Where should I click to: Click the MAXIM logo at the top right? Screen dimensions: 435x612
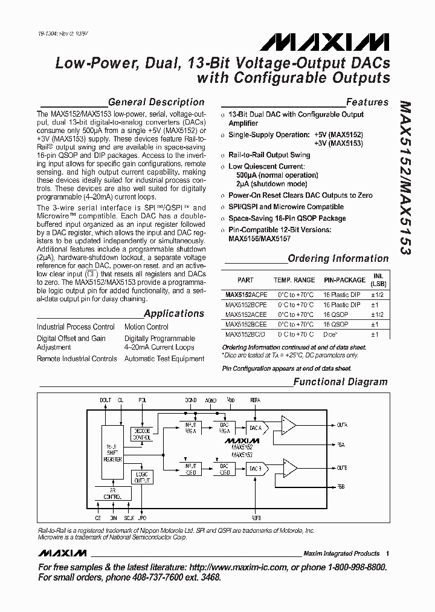point(326,41)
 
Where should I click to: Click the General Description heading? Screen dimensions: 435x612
point(155,102)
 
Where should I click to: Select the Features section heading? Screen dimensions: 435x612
point(367,102)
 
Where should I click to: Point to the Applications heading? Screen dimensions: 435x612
point(174,313)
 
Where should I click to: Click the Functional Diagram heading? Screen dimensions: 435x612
point(340,382)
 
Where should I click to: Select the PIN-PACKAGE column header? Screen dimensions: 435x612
point(344,280)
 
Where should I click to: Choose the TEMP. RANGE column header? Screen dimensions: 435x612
point(294,280)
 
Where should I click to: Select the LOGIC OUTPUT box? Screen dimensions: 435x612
point(143,477)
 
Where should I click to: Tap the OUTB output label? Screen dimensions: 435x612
point(341,467)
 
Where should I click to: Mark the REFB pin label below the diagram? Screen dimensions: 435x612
point(256,518)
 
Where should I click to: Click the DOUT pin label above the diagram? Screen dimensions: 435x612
point(106,400)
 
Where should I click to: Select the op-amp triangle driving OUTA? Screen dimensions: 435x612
point(289,426)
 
